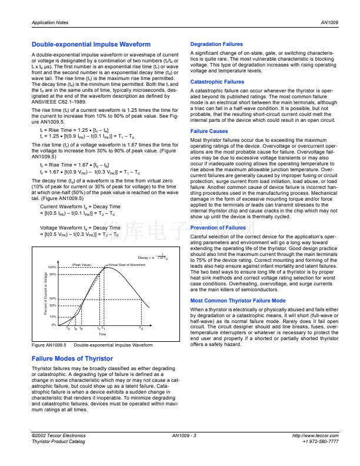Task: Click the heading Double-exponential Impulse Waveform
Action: coord(91,44)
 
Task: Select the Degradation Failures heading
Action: coord(216,44)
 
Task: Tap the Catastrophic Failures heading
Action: coord(217,82)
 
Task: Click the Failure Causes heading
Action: coord(209,131)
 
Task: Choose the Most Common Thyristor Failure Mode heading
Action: coord(238,301)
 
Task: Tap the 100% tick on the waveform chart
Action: coord(52,267)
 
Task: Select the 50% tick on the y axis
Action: coord(52,299)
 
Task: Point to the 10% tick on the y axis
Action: coord(52,316)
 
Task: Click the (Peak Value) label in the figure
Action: coord(81,265)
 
